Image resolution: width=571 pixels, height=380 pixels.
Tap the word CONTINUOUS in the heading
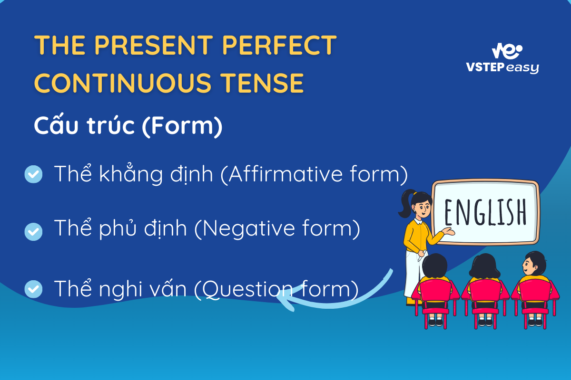point(123,83)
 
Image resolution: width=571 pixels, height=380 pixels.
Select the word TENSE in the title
point(262,83)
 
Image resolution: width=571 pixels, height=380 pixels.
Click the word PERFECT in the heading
point(280,45)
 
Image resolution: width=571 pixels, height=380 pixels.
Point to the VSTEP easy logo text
point(502,67)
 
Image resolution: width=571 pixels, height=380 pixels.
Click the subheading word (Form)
point(182,125)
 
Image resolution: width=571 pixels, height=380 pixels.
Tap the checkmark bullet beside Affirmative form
point(33,174)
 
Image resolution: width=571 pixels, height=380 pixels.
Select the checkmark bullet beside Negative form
point(33,232)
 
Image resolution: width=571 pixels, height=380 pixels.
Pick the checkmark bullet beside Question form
point(33,289)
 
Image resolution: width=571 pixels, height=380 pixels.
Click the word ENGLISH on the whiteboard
point(485,212)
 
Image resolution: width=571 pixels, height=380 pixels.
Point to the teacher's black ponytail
point(406,203)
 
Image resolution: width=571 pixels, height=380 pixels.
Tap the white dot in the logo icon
point(519,48)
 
